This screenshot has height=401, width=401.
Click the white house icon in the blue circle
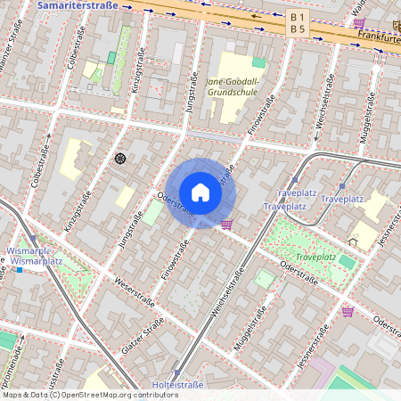pyautogui.click(x=200, y=192)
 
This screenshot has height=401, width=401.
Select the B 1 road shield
pyautogui.click(x=298, y=17)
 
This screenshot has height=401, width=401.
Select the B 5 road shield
pyautogui.click(x=298, y=29)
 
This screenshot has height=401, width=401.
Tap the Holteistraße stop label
pyautogui.click(x=178, y=385)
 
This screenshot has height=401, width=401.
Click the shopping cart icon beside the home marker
pyautogui.click(x=226, y=224)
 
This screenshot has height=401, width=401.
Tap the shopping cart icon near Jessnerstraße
pyautogui.click(x=348, y=311)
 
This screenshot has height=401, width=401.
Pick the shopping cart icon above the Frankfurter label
pyautogui.click(x=358, y=23)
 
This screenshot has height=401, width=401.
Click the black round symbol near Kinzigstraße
pyautogui.click(x=119, y=159)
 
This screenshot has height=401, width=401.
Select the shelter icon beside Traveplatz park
pyautogui.click(x=354, y=241)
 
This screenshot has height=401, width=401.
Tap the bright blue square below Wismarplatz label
pyautogui.click(x=19, y=269)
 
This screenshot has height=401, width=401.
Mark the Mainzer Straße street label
pyautogui.click(x=10, y=45)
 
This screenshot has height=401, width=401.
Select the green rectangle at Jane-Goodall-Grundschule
pyautogui.click(x=258, y=62)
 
